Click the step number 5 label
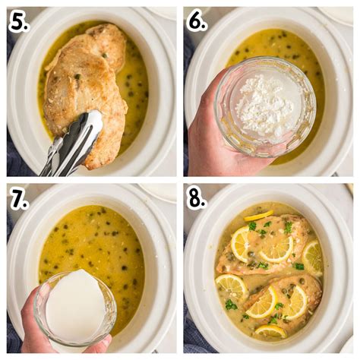click(19, 22)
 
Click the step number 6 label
click(197, 22)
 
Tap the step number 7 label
click(19, 199)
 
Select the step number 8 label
click(197, 199)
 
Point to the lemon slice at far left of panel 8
click(230, 288)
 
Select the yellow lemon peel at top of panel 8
click(259, 216)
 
